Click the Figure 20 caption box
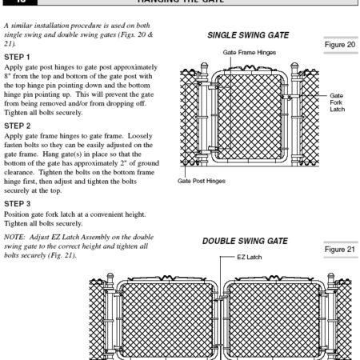point(340,46)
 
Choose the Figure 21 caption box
point(340,250)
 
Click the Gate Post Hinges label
point(214,181)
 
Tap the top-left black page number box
point(15,2)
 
